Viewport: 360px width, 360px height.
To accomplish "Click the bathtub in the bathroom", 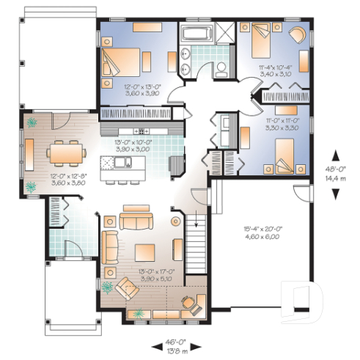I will [x=196, y=34].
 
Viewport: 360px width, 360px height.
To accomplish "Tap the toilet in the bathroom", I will [x=219, y=68].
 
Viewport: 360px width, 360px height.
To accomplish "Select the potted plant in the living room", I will [x=109, y=285].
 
